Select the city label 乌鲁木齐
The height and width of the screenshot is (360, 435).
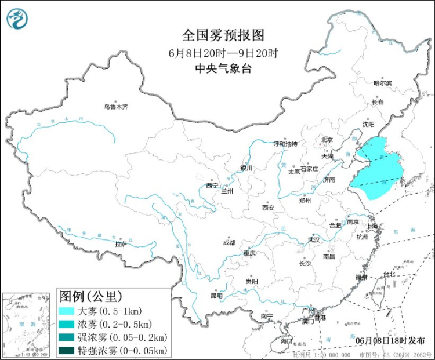pyautogui.click(x=115, y=107)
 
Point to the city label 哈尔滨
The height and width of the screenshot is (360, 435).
pyautogui.click(x=382, y=83)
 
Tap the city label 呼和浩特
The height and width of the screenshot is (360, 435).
pyautogui.click(x=285, y=144)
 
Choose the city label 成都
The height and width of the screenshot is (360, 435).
pyautogui.click(x=229, y=243)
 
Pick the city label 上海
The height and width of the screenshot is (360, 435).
pyautogui.click(x=373, y=226)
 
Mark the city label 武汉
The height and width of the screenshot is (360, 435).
pyautogui.click(x=314, y=239)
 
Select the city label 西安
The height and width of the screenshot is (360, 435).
pyautogui.click(x=267, y=207)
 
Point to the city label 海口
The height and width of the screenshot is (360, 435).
pyautogui.click(x=287, y=341)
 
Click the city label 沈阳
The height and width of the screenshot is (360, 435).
pyautogui.click(x=368, y=124)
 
